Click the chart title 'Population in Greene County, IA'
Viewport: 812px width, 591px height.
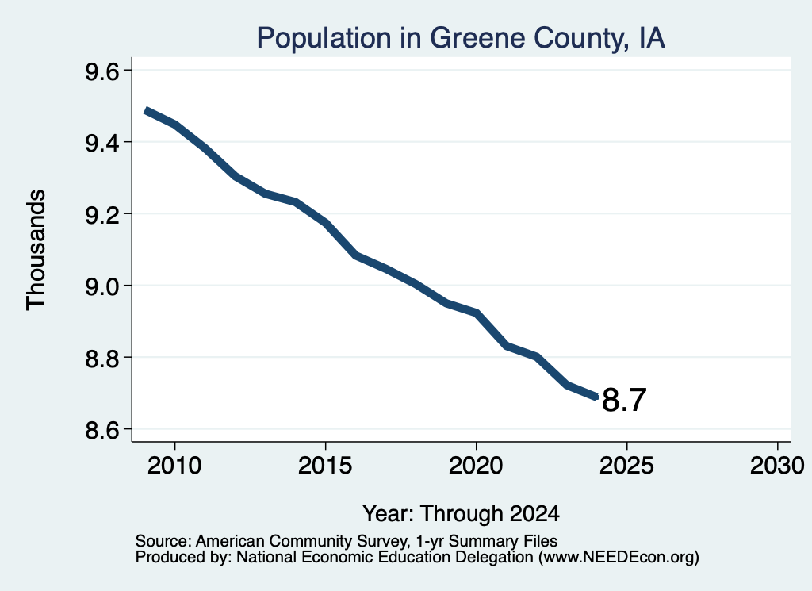pyautogui.click(x=461, y=38)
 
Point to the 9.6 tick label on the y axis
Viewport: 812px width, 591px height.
pyautogui.click(x=102, y=71)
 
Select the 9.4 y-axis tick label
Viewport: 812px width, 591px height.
pyautogui.click(x=102, y=143)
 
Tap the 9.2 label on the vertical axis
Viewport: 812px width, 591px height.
pyautogui.click(x=102, y=214)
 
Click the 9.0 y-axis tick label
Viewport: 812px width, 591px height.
pyautogui.click(x=102, y=286)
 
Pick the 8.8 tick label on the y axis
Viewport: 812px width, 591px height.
pyautogui.click(x=102, y=359)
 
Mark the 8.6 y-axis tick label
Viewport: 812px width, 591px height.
pyautogui.click(x=102, y=430)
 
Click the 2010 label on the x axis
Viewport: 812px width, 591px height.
pyautogui.click(x=174, y=466)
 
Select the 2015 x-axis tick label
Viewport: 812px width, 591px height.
pyautogui.click(x=325, y=466)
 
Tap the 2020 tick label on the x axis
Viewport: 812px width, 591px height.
pyautogui.click(x=476, y=466)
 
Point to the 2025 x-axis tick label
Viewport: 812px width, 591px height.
pyautogui.click(x=626, y=466)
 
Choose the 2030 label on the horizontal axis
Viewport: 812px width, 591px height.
pyautogui.click(x=777, y=466)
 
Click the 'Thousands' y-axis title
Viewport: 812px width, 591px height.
pyautogui.click(x=36, y=250)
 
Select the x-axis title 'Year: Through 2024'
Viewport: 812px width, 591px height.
pyautogui.click(x=461, y=514)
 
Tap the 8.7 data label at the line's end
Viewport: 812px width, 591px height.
pyautogui.click(x=625, y=401)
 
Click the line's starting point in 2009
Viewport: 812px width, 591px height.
pyautogui.click(x=146, y=111)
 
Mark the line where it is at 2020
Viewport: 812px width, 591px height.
pyautogui.click(x=476, y=313)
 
